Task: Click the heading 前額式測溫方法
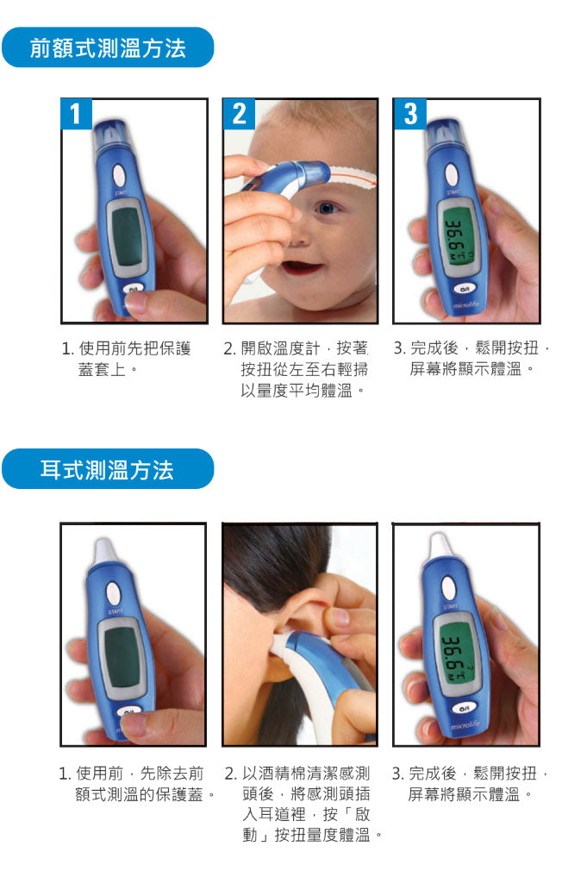(108, 47)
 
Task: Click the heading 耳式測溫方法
(107, 470)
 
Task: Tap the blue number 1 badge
(76, 114)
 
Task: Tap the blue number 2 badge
(240, 114)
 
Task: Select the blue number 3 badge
(410, 114)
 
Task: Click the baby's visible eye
(328, 209)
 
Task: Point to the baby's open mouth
(303, 266)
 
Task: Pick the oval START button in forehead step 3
(452, 175)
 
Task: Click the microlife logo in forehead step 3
(466, 305)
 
